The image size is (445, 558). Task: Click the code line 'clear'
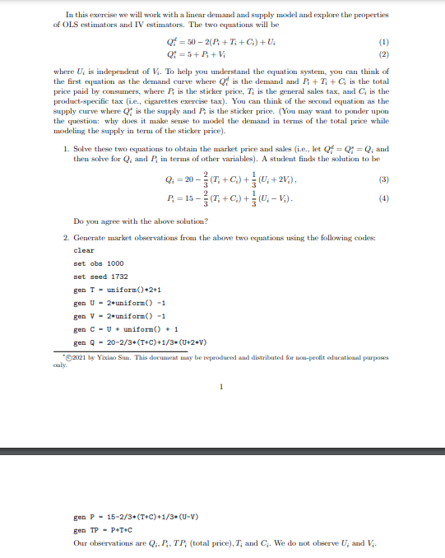click(84, 250)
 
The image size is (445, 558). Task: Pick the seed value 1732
click(114, 277)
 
